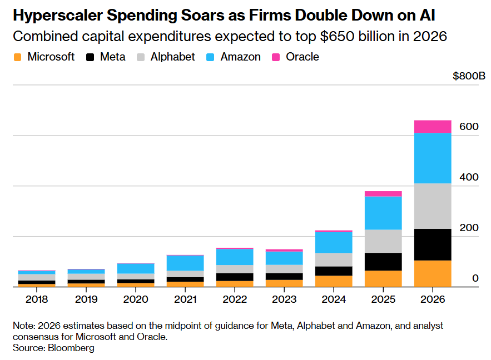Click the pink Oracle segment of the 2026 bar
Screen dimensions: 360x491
(433, 126)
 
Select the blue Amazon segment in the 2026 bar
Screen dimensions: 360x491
(433, 158)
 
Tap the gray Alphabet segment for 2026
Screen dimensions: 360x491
(433, 206)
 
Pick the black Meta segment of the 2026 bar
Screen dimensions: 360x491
(433, 244)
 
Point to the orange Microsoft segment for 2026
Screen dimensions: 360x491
(433, 273)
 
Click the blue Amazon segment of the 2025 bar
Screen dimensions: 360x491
(383, 213)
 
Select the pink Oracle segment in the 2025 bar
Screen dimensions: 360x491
(383, 194)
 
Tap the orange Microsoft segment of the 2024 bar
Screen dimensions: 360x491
(334, 281)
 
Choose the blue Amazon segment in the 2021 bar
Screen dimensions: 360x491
(185, 263)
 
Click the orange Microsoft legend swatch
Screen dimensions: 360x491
(17, 57)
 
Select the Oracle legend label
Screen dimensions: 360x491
(302, 57)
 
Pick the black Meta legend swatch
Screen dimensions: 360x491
(90, 57)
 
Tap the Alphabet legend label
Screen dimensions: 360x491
(172, 57)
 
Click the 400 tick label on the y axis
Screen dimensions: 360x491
(469, 177)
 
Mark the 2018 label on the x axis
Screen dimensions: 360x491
(37, 299)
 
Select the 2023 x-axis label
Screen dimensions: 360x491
(284, 299)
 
